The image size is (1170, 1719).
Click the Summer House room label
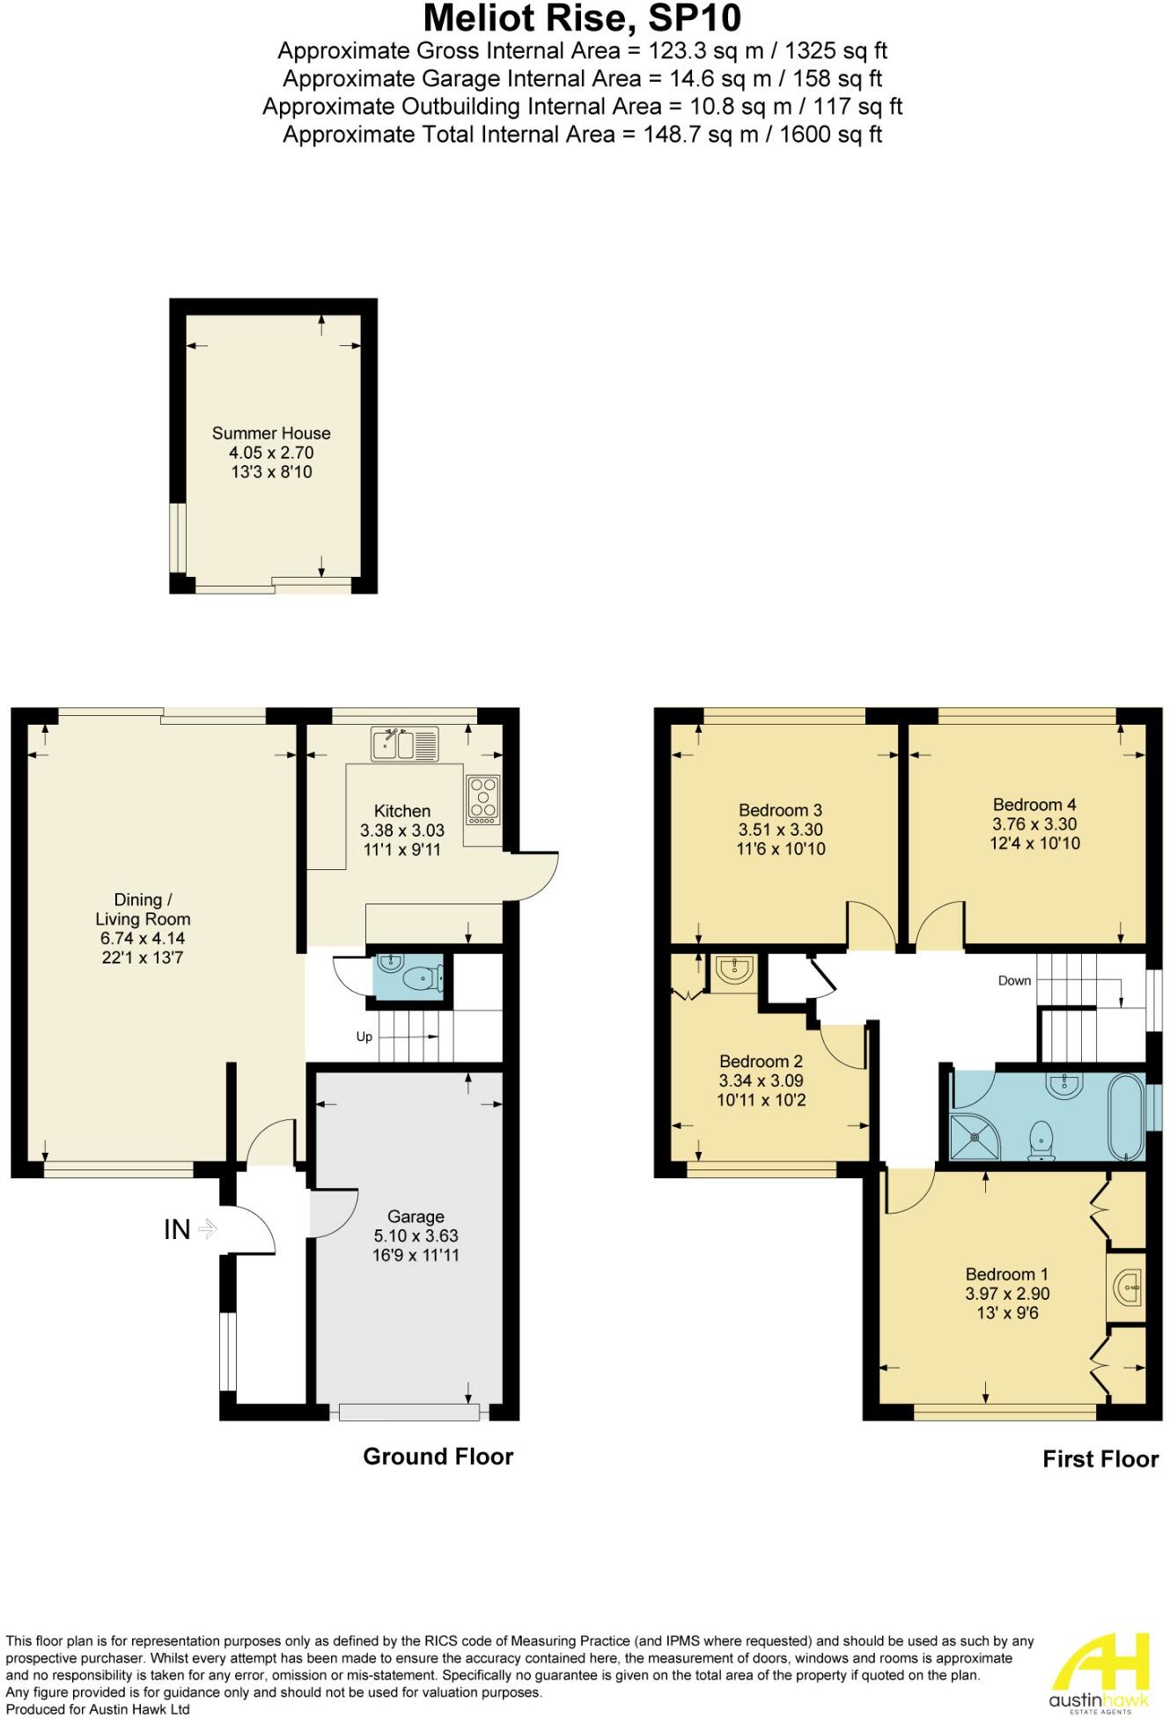tap(271, 433)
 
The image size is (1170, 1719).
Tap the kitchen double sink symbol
tap(405, 744)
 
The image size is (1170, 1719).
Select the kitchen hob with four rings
tap(483, 798)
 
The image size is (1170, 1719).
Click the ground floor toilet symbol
tap(421, 978)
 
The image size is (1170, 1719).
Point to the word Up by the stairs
tap(364, 1037)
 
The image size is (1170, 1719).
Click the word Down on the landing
tap(1014, 980)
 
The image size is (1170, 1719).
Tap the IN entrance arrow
tap(207, 1228)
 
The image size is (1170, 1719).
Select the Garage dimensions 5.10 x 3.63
tap(416, 1236)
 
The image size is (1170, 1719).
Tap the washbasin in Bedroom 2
tap(733, 970)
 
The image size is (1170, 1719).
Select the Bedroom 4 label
tap(1034, 804)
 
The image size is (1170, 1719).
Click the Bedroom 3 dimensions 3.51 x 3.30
tap(781, 830)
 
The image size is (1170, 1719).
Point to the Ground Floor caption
tap(438, 1457)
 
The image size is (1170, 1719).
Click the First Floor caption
tap(1100, 1459)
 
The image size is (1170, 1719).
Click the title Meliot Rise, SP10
tap(583, 18)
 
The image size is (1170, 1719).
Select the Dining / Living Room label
tap(143, 909)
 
